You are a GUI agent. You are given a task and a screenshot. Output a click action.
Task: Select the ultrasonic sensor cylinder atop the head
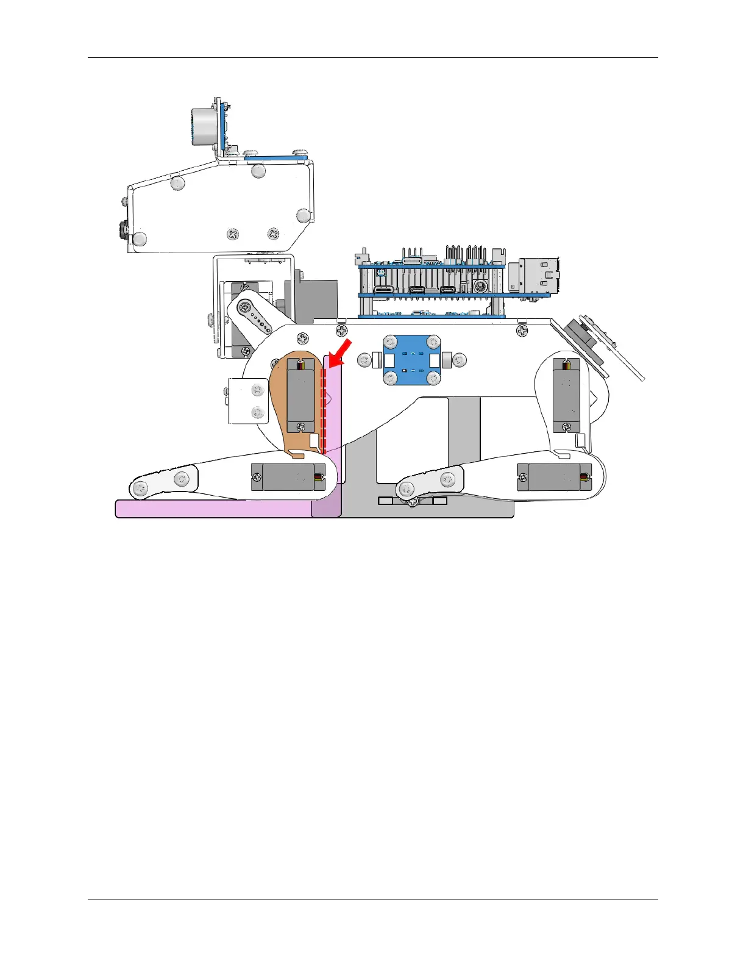coord(202,127)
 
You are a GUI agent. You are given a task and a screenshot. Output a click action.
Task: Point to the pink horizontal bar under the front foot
coord(213,509)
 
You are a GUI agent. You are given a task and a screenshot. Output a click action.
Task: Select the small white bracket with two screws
coord(248,401)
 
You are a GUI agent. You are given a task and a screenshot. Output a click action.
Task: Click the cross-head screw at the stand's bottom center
coord(413,502)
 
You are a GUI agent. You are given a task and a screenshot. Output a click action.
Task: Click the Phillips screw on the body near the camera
coord(522,330)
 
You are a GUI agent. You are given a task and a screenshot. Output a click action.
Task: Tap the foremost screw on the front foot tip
coord(141,488)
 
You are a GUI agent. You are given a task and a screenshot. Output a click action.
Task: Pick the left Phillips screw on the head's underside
coord(233,234)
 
